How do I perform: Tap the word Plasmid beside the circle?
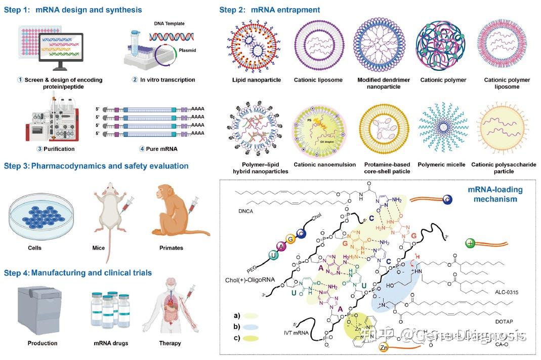pos(189,51)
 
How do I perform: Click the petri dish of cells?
pos(39,216)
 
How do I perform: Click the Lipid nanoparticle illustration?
pos(256,46)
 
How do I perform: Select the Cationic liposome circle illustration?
pos(318,46)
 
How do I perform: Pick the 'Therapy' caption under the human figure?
pos(170,343)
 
